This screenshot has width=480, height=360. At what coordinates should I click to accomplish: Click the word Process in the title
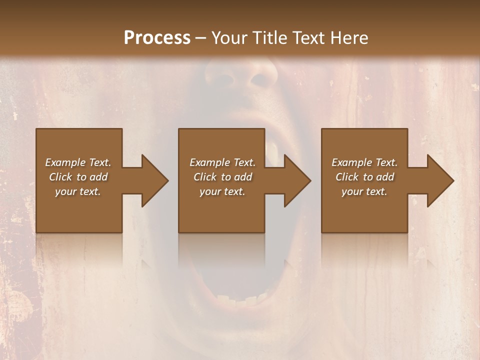(157, 37)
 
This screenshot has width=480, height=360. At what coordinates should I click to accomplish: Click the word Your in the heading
(228, 37)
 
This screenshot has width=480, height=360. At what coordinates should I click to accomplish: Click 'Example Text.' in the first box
(78, 162)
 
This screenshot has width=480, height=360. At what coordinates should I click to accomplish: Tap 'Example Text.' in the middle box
(222, 162)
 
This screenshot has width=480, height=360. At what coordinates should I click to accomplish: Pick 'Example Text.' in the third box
(364, 162)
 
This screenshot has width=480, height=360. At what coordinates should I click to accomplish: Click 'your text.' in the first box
(78, 191)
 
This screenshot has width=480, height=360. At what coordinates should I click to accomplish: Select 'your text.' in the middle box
(222, 191)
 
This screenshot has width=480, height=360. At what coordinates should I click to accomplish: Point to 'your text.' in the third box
(364, 191)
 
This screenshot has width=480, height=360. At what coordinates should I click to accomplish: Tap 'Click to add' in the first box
(78, 177)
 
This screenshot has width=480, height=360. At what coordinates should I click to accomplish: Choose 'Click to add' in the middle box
(222, 177)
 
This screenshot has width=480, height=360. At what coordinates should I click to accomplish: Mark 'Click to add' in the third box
(364, 177)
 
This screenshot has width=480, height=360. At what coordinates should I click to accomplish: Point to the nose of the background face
(240, 80)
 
